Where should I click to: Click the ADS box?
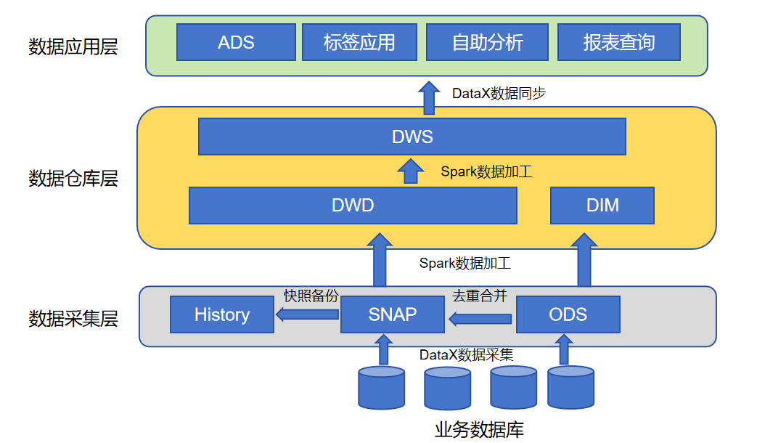236,42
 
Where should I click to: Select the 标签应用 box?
359,42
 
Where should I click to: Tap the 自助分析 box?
487,42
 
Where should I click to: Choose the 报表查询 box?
618,42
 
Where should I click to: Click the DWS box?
412,137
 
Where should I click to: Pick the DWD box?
353,206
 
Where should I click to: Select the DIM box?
602,206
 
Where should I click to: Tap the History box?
221,314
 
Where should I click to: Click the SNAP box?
393,314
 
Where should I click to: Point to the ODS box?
568,314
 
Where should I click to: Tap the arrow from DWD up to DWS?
412,171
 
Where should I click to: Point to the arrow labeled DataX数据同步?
429,97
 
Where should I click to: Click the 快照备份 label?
311,296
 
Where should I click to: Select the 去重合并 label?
480,296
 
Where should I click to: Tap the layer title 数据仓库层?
73,179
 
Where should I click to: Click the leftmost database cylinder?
381,387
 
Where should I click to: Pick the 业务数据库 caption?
479,429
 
